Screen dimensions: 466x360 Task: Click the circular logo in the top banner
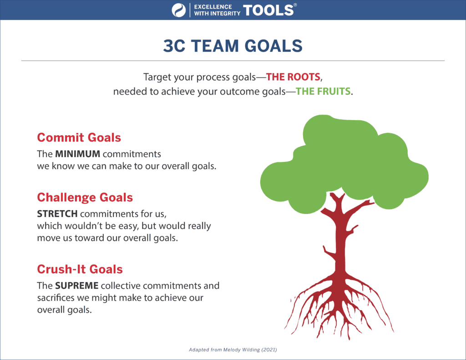178,10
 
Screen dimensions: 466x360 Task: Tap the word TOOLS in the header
268,10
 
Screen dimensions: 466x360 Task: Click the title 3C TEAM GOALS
233,46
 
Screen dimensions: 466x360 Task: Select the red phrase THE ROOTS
293,77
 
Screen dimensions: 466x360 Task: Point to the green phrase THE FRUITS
323,91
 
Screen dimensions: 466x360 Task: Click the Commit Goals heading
79,137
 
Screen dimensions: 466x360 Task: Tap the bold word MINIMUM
77,154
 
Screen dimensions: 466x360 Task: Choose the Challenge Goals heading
85,198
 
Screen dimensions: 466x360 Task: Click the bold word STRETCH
57,214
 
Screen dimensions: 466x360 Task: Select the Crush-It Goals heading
80,269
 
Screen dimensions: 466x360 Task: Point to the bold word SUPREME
76,286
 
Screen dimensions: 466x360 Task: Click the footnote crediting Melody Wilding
233,350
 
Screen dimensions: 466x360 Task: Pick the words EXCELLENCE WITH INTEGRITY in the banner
217,10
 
